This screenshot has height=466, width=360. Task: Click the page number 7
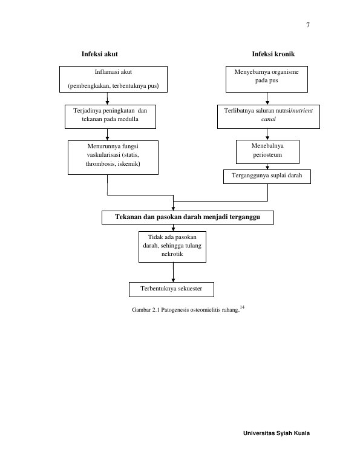pyautogui.click(x=308, y=25)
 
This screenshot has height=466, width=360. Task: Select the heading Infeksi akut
pyautogui.click(x=99, y=54)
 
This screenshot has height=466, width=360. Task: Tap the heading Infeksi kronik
pyautogui.click(x=273, y=54)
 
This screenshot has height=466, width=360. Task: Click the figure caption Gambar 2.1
pyautogui.click(x=186, y=310)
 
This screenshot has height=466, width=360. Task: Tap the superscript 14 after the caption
pyautogui.click(x=242, y=307)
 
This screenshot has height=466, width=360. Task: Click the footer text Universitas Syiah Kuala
pyautogui.click(x=277, y=433)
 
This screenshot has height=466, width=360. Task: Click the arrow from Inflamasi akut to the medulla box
pyautogui.click(x=107, y=99)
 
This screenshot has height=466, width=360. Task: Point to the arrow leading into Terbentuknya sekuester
pyautogui.click(x=173, y=272)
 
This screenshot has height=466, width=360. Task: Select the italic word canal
pyautogui.click(x=269, y=119)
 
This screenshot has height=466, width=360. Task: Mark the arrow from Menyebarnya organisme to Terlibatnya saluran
pyautogui.click(x=267, y=99)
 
